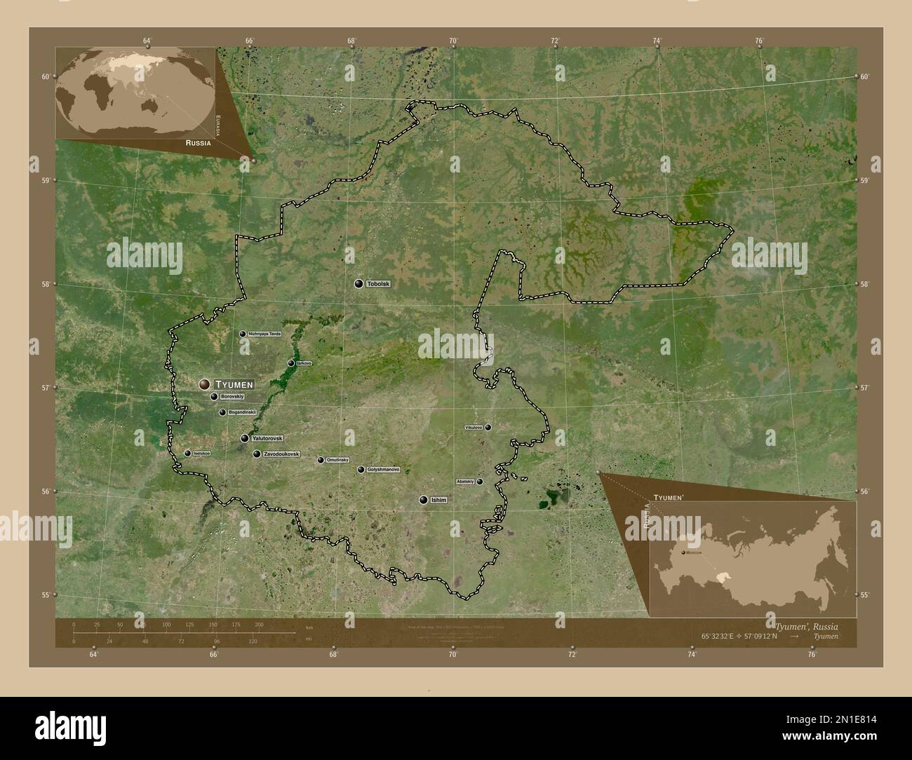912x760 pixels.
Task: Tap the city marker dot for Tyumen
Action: pyautogui.click(x=204, y=384)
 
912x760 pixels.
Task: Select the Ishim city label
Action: pyautogui.click(x=439, y=500)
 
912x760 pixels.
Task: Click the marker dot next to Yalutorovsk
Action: pyautogui.click(x=245, y=438)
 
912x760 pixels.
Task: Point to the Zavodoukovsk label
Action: pyautogui.click(x=281, y=454)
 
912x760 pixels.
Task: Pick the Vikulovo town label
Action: pyautogui.click(x=474, y=427)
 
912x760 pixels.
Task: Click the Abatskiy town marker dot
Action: pyautogui.click(x=480, y=482)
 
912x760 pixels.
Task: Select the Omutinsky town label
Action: pyautogui.click(x=337, y=460)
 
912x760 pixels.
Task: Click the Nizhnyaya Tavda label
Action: pyautogui.click(x=264, y=334)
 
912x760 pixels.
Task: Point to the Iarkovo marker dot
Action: pyautogui.click(x=291, y=363)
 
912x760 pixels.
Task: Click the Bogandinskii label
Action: pyautogui.click(x=243, y=412)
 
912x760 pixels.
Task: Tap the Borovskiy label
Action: pyautogui.click(x=232, y=397)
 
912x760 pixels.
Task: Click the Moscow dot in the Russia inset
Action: pyautogui.click(x=683, y=553)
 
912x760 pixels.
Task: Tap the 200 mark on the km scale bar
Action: pyautogui.click(x=258, y=624)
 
